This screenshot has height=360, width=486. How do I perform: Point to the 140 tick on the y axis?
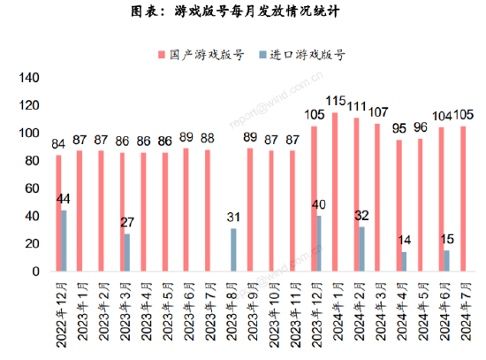[x=29, y=78]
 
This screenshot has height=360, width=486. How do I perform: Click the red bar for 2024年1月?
[x=335, y=191]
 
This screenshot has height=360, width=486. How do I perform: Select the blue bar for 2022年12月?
[x=64, y=241]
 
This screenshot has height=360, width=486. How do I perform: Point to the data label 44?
[x=64, y=200]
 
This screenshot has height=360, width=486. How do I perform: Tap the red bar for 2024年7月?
[x=463, y=198]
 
